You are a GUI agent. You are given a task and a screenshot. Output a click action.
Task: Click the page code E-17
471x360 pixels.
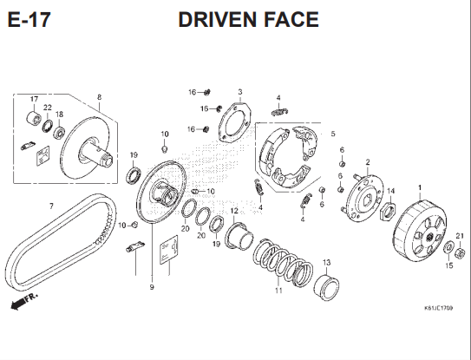coord(29,20)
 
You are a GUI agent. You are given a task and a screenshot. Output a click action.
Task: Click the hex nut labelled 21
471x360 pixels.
coord(460,252)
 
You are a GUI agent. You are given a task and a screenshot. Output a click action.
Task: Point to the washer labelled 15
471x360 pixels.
coord(448,247)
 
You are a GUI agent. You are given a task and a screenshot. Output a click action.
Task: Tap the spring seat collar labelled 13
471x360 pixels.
coord(326,287)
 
